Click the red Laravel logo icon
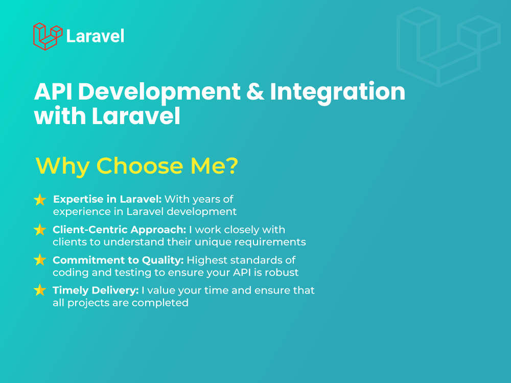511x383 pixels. point(48,36)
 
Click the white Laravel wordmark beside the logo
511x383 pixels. point(96,36)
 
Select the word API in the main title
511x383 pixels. point(52,92)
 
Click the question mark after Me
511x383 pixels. point(231,166)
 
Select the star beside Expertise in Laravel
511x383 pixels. point(40,200)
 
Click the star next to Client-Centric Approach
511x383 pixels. point(40,230)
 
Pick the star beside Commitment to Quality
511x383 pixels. point(40,260)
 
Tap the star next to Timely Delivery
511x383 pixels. point(40,291)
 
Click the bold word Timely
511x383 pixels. point(69,291)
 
